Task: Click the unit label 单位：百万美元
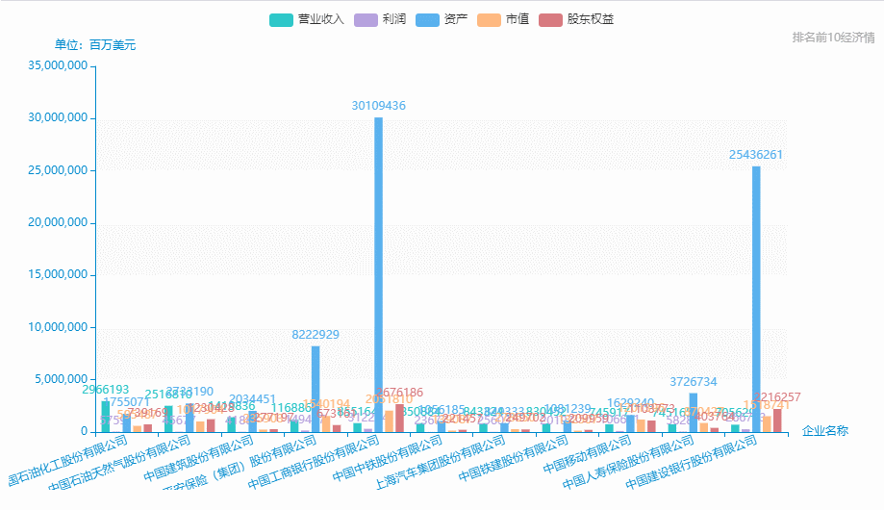pos(95,45)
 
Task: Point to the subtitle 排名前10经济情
pos(833,38)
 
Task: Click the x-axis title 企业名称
pos(825,430)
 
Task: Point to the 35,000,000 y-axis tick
pos(60,66)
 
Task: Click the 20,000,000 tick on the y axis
pos(60,223)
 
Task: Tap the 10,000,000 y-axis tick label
pos(60,327)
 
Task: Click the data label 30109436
pos(378,106)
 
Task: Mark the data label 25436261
pos(756,155)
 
